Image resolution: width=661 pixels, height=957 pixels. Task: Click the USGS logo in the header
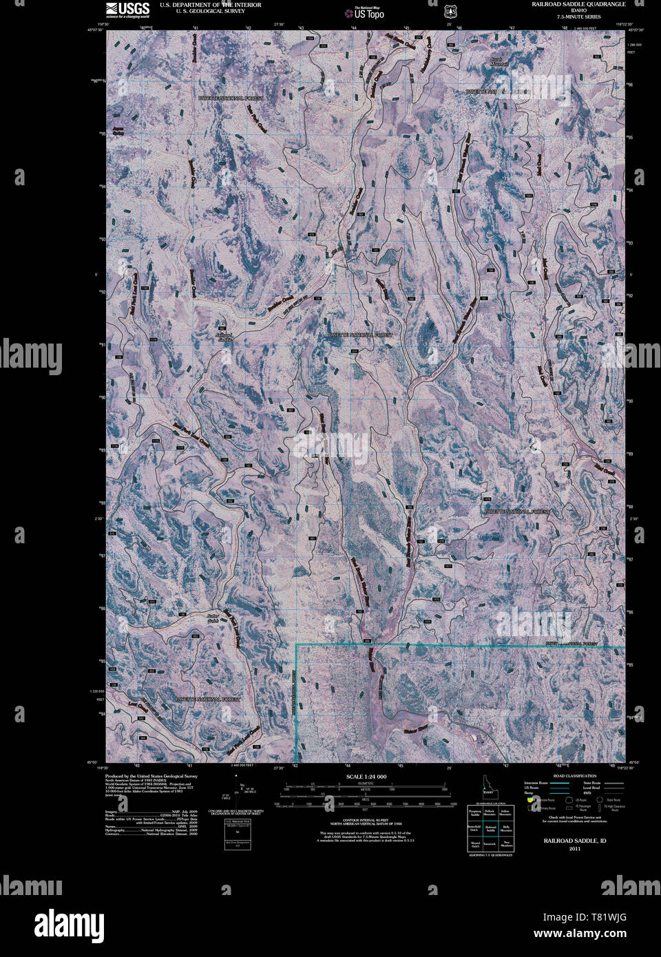[128, 8]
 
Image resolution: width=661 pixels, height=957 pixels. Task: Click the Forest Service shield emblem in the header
[450, 11]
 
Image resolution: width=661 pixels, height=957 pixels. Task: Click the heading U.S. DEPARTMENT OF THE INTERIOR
[210, 4]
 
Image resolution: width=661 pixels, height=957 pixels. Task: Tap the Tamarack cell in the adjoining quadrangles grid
[490, 843]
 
